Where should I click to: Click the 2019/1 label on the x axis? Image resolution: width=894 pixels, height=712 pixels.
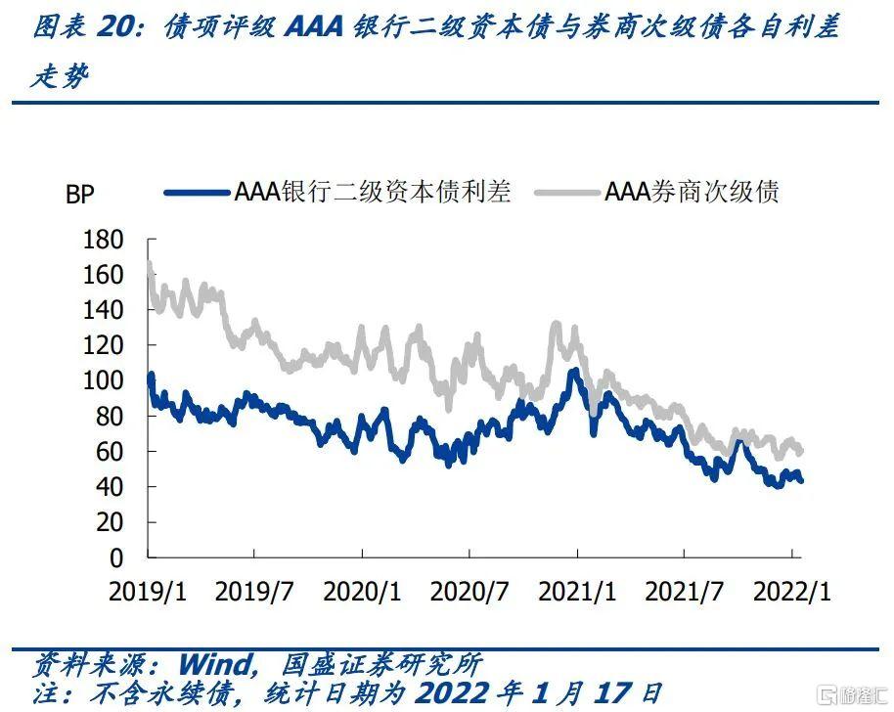click(146, 592)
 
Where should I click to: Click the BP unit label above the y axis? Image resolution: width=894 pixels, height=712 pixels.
click(79, 195)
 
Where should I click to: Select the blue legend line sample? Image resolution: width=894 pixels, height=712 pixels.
click(197, 192)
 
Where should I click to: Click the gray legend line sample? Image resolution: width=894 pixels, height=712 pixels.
click(566, 192)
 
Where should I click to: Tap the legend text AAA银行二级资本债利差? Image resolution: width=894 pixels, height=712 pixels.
click(373, 191)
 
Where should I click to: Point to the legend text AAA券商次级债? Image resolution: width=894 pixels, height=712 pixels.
click(692, 191)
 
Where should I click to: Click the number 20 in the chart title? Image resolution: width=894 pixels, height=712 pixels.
click(116, 28)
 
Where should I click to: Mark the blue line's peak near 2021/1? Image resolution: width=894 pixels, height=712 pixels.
click(574, 372)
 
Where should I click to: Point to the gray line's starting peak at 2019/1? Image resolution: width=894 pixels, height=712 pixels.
click(150, 262)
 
